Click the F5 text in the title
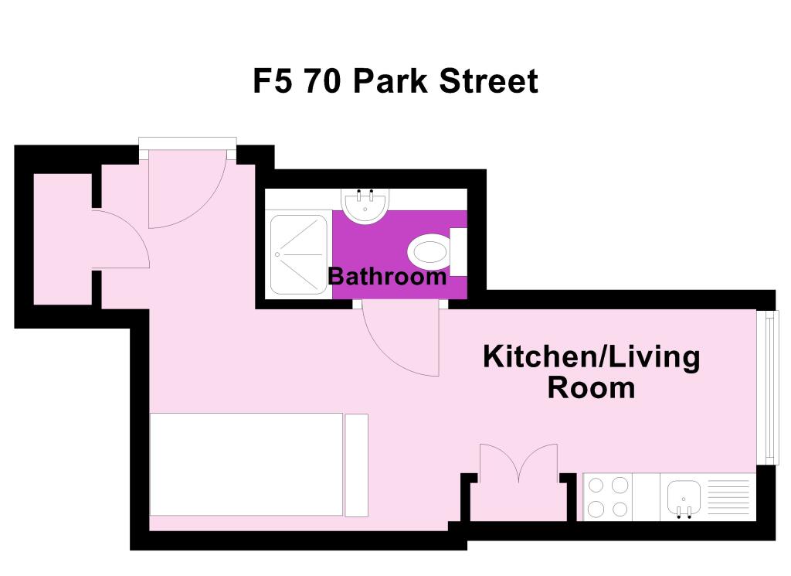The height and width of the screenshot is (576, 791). coord(273,81)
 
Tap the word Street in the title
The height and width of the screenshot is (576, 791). coord(488,81)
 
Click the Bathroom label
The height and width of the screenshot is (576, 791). coord(387,276)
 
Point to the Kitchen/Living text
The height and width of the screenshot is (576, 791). coord(591,357)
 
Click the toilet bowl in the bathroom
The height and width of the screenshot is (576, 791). coord(429,252)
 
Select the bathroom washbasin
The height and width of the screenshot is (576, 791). coord(363,207)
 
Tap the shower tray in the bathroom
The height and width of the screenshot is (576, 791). coord(299,253)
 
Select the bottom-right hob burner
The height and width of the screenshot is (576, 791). coord(620,510)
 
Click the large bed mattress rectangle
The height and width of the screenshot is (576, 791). coord(246,464)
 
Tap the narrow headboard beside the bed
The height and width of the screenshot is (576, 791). coord(356,465)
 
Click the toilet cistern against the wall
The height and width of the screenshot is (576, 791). coord(458,252)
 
